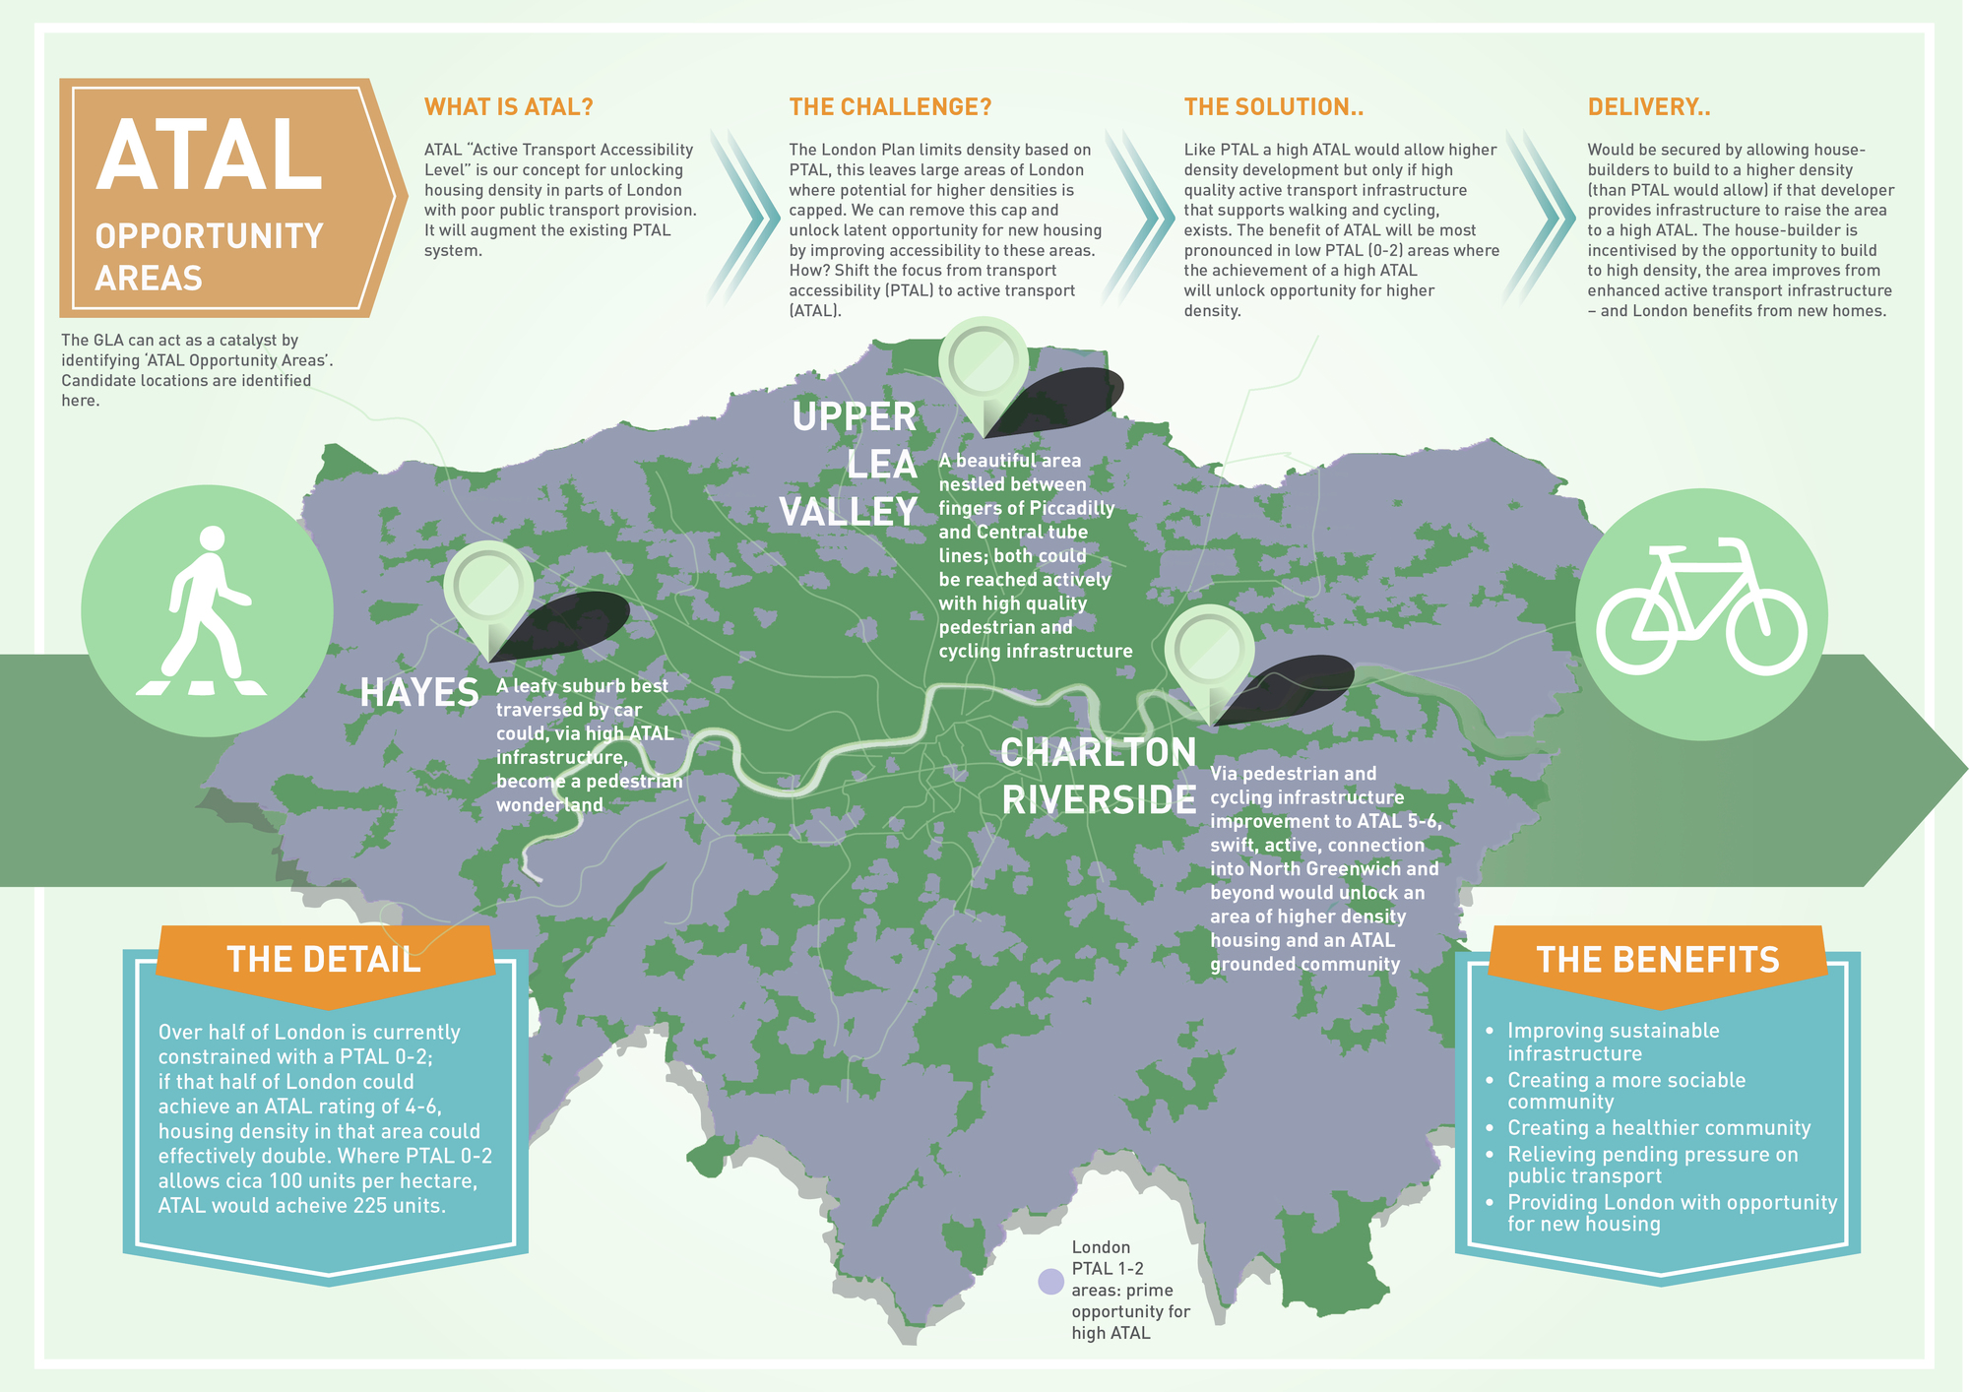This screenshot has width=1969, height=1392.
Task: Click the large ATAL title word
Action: coord(210,156)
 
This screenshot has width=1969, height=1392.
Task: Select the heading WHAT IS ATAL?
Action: coord(508,107)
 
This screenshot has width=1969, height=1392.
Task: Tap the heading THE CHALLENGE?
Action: coord(890,107)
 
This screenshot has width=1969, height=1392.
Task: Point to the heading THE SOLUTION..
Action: coord(1273,107)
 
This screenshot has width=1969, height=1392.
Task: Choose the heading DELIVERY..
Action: coord(1649,107)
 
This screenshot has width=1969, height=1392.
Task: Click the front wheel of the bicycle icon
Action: coord(1765,631)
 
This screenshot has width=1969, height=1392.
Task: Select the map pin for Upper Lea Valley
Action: coord(984,363)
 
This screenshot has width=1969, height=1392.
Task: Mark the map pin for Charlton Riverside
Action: coord(1209,650)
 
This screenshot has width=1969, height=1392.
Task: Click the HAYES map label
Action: coord(419,693)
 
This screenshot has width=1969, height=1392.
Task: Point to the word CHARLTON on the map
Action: coord(1098,753)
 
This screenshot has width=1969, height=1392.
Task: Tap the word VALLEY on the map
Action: coord(849,512)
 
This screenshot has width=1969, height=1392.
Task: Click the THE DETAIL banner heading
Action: coord(324,960)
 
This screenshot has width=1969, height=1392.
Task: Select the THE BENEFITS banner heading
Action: coord(1658,960)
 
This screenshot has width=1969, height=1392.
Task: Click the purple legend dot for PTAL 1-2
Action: coord(1051,1281)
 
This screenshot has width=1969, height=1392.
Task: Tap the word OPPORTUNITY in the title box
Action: coord(209,236)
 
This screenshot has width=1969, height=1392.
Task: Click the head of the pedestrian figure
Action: coord(213,538)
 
